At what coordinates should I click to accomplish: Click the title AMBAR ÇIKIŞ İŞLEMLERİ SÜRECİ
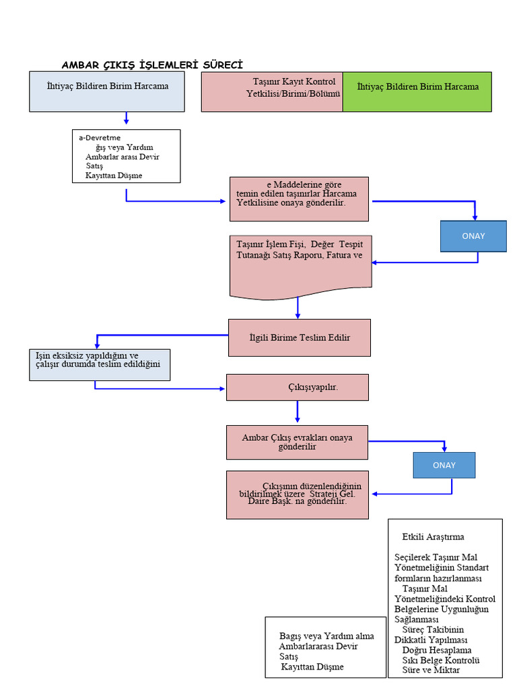152,65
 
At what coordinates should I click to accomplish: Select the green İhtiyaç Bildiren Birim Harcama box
417,92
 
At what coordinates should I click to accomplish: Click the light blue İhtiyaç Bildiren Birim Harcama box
107,92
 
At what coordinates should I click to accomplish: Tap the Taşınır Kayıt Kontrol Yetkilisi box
272,92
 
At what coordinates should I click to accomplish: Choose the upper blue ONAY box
473,236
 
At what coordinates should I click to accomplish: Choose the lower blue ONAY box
444,465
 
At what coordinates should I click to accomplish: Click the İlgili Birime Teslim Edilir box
299,338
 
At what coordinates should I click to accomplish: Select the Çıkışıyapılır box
297,388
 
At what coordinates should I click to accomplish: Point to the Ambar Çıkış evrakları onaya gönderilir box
297,442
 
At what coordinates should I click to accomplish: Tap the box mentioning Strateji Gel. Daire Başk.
297,495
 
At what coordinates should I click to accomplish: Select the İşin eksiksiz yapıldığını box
99,365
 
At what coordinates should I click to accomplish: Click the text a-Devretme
100,138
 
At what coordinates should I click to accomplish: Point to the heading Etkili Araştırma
433,537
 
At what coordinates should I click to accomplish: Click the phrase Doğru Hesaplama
436,651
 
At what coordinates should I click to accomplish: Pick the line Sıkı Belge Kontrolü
440,661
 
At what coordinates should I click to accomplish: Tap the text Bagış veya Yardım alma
326,637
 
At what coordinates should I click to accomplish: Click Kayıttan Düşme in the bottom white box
312,667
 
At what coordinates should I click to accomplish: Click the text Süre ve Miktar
431,671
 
